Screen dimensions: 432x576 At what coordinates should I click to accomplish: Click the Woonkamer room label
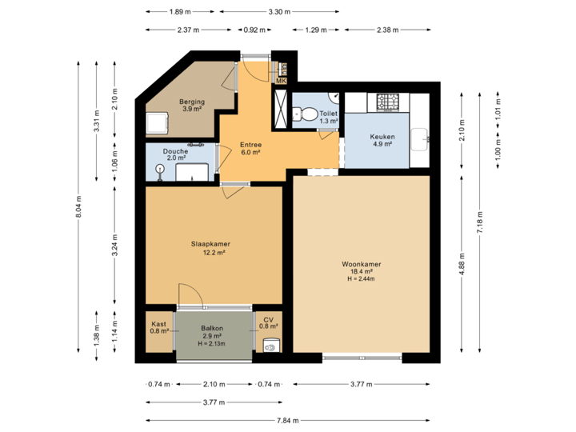click(361, 263)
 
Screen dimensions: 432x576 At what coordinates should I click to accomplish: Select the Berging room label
click(192, 102)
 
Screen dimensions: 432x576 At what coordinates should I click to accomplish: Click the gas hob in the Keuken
click(390, 102)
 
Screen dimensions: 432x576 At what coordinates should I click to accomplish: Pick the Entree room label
click(251, 145)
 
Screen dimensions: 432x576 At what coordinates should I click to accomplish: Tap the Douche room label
click(175, 150)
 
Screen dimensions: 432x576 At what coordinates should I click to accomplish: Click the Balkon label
click(212, 328)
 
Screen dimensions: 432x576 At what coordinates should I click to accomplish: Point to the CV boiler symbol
click(270, 346)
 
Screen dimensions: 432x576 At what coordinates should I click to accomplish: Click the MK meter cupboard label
click(281, 81)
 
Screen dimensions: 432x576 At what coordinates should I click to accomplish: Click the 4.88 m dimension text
click(462, 265)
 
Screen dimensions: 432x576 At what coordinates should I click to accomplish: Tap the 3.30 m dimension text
click(278, 12)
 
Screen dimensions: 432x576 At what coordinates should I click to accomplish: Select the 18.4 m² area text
click(361, 271)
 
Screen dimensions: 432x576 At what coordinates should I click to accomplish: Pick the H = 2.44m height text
click(361, 279)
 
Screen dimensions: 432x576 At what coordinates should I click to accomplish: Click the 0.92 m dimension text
click(254, 30)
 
